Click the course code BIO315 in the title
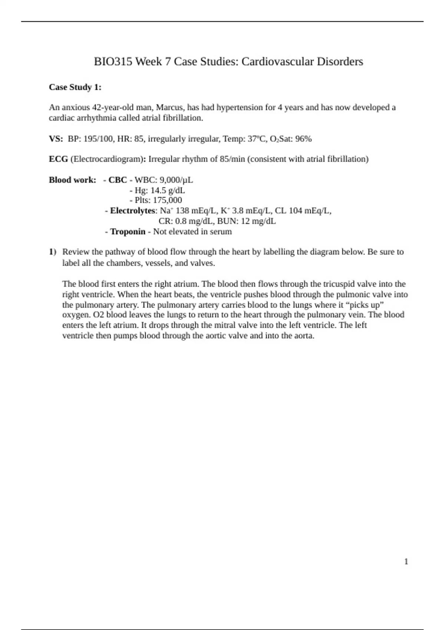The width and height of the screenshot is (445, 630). click(113, 62)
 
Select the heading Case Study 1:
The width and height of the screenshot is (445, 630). click(75, 87)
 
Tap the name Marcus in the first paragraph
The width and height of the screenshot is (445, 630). click(169, 107)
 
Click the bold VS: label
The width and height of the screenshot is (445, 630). click(56, 139)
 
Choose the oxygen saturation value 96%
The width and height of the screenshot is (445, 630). click(304, 139)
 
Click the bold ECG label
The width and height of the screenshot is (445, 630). click(58, 159)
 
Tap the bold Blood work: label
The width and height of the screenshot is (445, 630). click(72, 180)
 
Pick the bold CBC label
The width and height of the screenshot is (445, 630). click(118, 180)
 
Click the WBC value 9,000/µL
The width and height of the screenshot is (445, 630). click(176, 180)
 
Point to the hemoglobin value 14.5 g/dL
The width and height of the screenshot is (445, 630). click(167, 190)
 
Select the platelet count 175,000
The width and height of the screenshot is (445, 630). click(167, 200)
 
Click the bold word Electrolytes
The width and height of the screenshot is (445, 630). click(132, 211)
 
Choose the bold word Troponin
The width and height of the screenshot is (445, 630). click(128, 232)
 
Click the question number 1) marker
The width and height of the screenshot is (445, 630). click(52, 252)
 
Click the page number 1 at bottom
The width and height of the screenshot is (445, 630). click(406, 561)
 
